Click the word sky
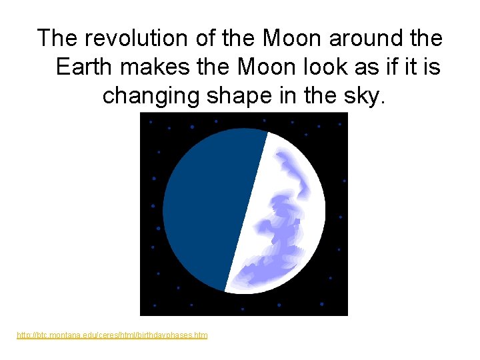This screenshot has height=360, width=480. (x=364, y=96)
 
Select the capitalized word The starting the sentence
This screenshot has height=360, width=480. (x=59, y=38)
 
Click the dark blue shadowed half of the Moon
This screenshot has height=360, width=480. (x=207, y=207)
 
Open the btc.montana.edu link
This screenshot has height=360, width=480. (x=112, y=335)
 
